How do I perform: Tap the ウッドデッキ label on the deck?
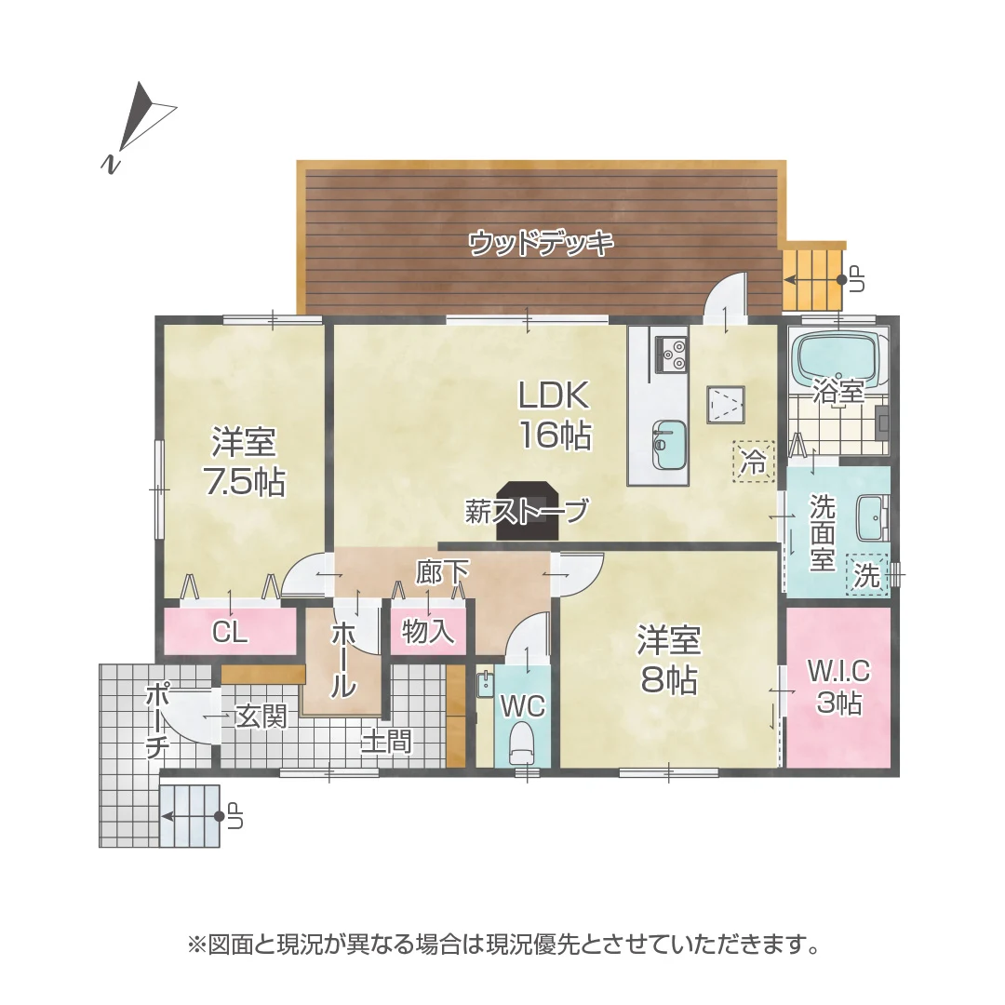[541, 244]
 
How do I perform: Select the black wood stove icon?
[528, 511]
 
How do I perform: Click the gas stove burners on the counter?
[672, 354]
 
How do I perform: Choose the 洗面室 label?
[822, 533]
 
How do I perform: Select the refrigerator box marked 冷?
[753, 461]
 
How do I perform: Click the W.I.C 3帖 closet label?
[838, 687]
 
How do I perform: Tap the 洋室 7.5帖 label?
[244, 462]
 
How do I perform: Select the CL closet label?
[230, 633]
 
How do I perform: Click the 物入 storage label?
[428, 632]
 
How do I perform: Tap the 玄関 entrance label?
[261, 717]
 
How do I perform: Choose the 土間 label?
[386, 742]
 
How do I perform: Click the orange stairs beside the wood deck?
[813, 277]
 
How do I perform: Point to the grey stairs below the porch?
[190, 816]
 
